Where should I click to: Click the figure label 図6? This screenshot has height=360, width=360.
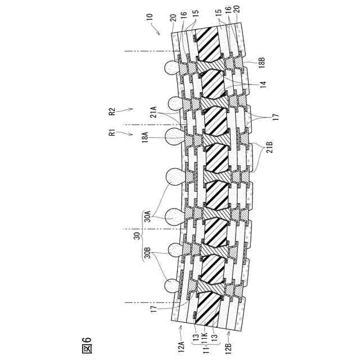point(87,345)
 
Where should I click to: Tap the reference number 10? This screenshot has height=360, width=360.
point(150,17)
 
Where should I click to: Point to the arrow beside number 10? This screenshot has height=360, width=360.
point(156,30)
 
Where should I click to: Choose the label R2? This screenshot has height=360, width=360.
point(112,112)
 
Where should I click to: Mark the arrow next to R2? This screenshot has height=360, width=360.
point(125,110)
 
